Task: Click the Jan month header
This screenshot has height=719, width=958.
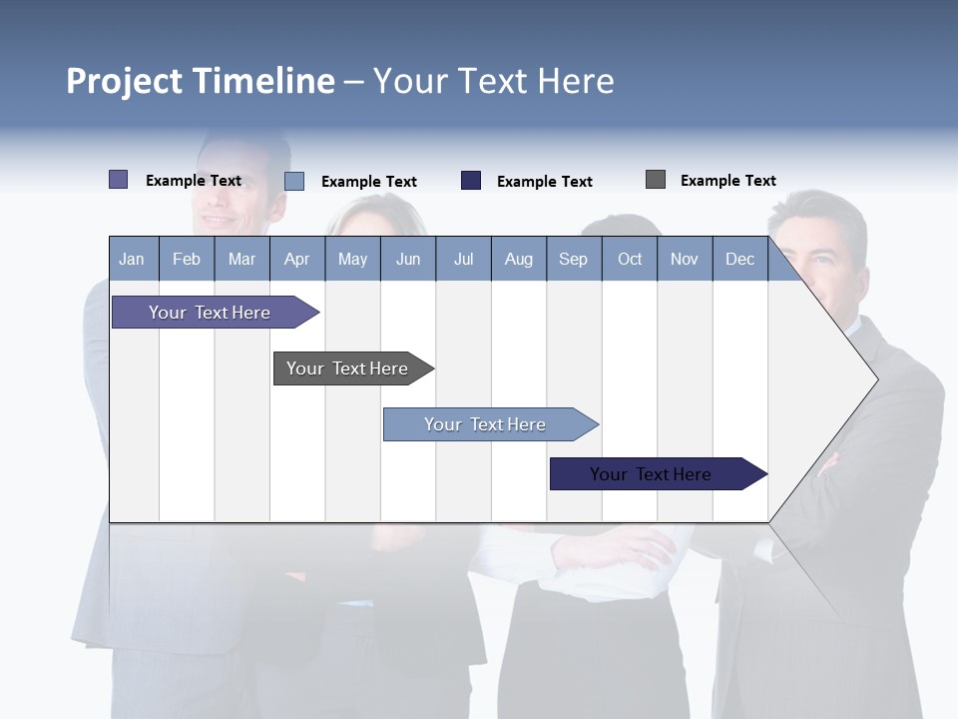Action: click(x=133, y=259)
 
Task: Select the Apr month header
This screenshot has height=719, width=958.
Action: click(x=297, y=259)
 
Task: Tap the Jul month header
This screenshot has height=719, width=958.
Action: click(x=463, y=259)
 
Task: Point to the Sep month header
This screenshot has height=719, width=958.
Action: click(x=573, y=259)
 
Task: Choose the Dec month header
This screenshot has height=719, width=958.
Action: click(x=739, y=259)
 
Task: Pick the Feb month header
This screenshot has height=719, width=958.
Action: click(x=187, y=259)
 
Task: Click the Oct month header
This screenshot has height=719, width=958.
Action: click(x=630, y=259)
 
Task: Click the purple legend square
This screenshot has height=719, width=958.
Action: click(x=119, y=180)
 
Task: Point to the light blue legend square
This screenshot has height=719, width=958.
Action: click(x=294, y=181)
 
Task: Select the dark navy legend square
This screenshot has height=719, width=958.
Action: click(x=471, y=181)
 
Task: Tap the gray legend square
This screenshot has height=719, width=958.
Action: click(x=656, y=180)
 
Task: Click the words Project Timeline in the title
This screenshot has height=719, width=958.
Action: click(x=201, y=81)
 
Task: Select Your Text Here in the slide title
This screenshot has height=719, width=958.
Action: click(x=494, y=81)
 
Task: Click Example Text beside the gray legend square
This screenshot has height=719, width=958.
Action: click(x=727, y=181)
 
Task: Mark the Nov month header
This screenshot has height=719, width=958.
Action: click(x=685, y=259)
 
